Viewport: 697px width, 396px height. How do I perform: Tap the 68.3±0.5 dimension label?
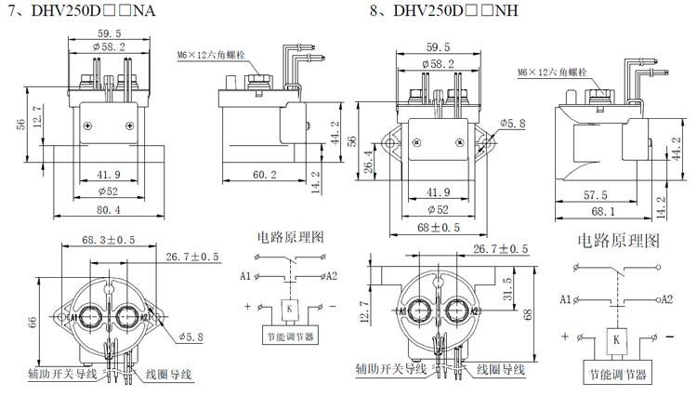109,239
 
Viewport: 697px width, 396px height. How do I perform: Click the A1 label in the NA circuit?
244,276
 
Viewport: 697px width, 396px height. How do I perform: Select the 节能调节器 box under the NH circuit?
614,375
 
